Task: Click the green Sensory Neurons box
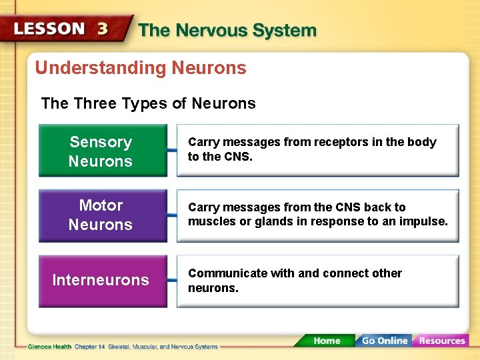[102, 151]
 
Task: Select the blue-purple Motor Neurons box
[102, 215]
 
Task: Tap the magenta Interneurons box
[102, 281]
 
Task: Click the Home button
[326, 341]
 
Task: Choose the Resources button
[441, 341]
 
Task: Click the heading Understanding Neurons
[141, 68]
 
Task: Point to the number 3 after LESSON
[103, 29]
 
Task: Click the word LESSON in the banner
[50, 29]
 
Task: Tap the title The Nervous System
[227, 31]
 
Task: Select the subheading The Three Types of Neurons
[148, 103]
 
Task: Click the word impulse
[424, 221]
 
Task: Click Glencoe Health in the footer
[50, 347]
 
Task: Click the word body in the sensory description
[423, 142]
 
